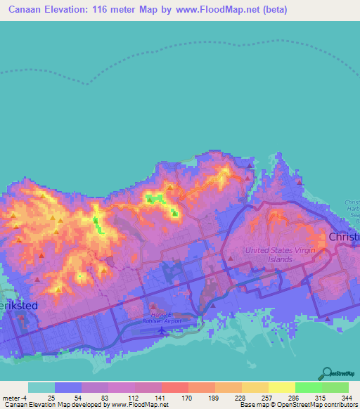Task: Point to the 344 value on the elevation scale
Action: coord(347,398)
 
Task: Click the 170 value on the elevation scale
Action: coord(188,398)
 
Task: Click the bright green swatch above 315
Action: coord(308,387)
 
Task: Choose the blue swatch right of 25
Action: coord(68,387)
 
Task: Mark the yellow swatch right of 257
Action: coord(281,387)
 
